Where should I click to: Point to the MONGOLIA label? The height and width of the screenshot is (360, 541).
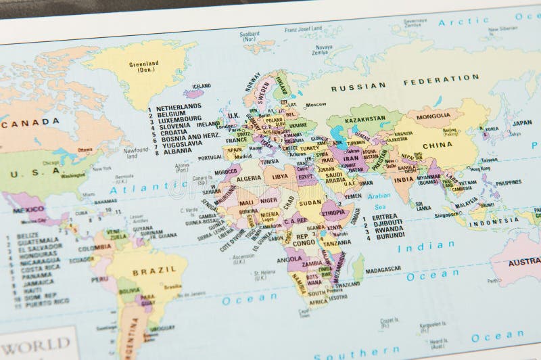433,116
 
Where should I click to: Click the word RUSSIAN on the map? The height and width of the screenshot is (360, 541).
358,87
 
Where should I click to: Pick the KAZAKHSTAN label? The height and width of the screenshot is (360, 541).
364,118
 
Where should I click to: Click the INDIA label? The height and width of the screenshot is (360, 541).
404,181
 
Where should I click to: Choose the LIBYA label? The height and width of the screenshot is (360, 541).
279,177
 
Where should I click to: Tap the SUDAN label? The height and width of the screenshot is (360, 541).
310,202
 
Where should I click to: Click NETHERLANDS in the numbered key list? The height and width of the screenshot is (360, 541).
179,107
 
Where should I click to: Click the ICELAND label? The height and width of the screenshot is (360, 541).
202,87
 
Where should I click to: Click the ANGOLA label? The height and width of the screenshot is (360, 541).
290,258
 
